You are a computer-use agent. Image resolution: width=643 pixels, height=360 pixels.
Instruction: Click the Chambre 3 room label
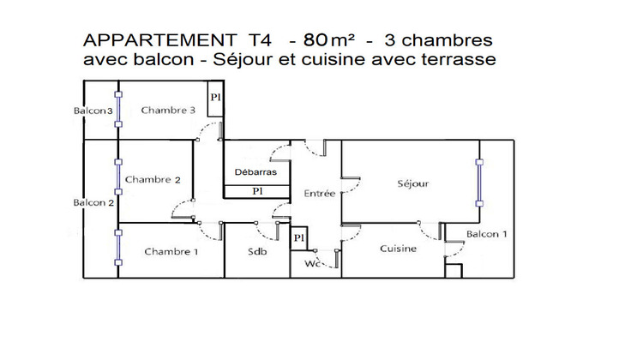169,110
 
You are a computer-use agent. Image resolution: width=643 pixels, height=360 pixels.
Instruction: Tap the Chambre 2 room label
153,180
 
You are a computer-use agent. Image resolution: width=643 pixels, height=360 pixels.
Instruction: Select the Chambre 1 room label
171,251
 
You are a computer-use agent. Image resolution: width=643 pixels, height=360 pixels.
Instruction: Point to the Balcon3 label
93,111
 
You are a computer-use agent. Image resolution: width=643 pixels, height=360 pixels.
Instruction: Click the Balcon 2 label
93,203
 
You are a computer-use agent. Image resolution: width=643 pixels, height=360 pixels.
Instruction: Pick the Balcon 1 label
487,234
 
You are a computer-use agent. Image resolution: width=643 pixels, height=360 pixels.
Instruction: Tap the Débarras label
255,171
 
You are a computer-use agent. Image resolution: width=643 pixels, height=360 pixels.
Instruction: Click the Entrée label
320,194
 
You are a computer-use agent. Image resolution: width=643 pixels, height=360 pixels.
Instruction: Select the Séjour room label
412,183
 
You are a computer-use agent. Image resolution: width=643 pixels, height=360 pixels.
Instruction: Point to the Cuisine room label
399,249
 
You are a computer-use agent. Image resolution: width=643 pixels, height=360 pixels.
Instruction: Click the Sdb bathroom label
257,251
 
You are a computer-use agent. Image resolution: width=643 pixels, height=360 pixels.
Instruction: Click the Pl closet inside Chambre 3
216,98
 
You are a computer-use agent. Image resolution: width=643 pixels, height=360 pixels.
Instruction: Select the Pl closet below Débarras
256,191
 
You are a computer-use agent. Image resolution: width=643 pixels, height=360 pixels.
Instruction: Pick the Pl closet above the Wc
299,238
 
